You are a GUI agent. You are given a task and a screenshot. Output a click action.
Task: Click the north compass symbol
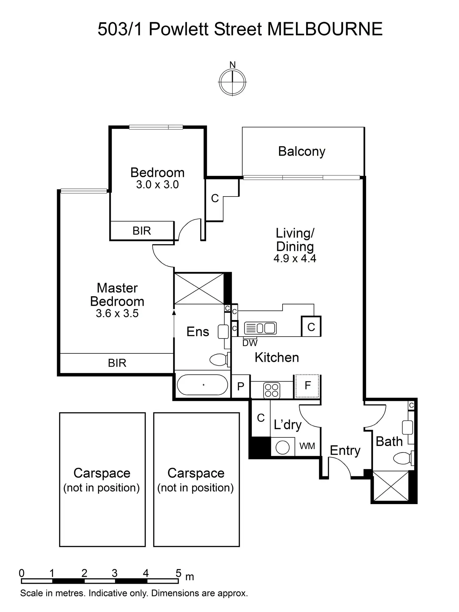[232, 82]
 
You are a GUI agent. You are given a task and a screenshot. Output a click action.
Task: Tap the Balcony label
[302, 151]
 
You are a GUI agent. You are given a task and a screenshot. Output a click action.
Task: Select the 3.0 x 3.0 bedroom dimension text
[157, 184]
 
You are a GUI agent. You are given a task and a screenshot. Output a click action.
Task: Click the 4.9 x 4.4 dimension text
[295, 258]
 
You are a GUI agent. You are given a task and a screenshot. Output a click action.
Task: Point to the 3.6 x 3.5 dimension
[117, 313]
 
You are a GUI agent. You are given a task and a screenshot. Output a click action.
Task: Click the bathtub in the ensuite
[202, 385]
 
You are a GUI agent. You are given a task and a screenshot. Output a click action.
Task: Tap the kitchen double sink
[260, 328]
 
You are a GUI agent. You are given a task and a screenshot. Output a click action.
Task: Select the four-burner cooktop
[271, 390]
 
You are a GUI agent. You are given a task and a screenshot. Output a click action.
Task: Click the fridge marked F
[307, 386]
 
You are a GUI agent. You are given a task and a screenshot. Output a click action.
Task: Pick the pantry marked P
[240, 387]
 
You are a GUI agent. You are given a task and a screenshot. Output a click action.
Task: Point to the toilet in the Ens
[219, 360]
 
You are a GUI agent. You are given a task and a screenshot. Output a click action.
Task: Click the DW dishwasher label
[250, 343]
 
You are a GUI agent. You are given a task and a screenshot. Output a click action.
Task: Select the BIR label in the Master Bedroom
[117, 363]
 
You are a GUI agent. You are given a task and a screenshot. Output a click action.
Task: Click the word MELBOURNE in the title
[325, 29]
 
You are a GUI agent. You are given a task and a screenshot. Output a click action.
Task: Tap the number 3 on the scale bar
[115, 573]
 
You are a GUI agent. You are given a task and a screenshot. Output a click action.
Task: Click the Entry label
[345, 450]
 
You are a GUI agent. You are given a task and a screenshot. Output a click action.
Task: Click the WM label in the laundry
[307, 446]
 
